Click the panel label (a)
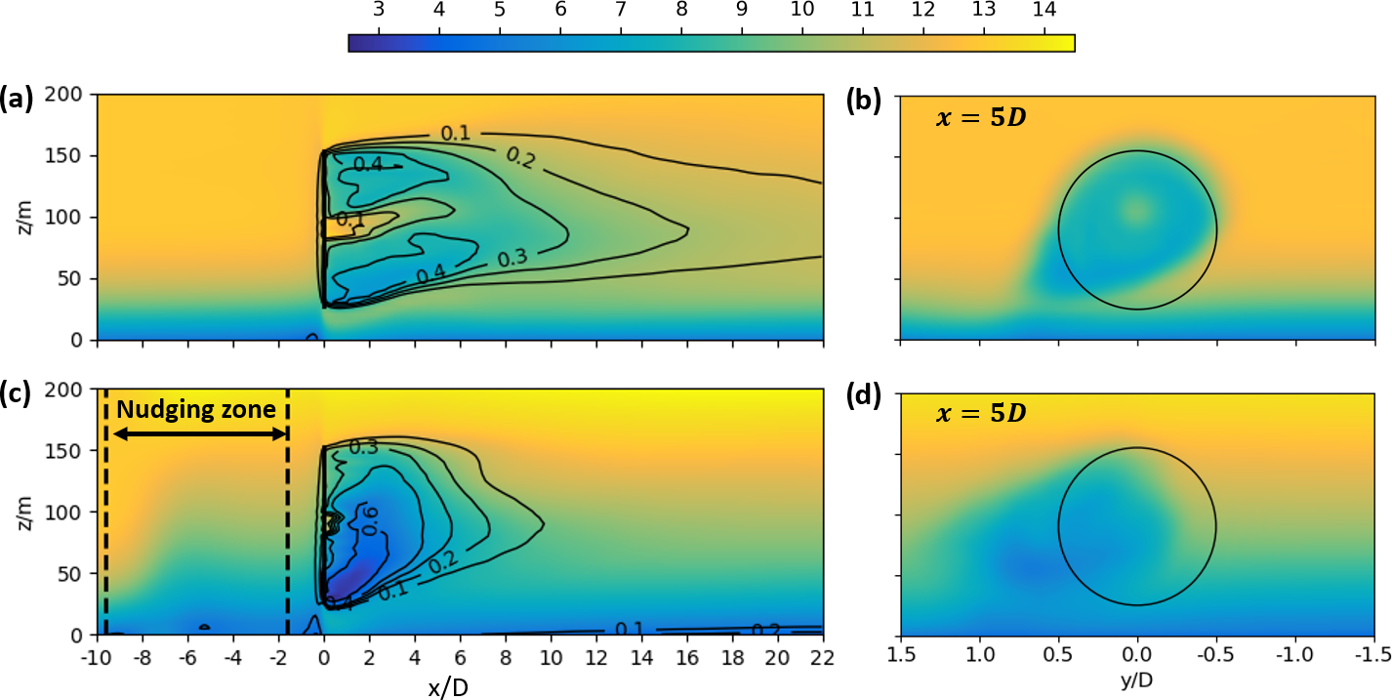(17, 97)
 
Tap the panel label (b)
(865, 97)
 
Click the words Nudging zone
(196, 410)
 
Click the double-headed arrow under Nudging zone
(196, 432)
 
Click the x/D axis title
(448, 687)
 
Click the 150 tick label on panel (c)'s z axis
(73, 450)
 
